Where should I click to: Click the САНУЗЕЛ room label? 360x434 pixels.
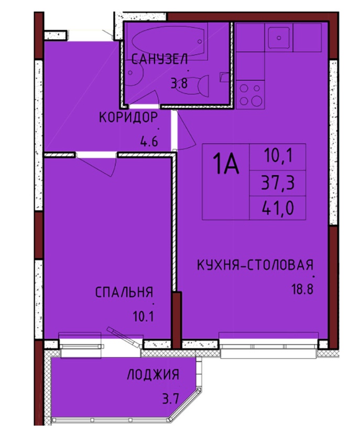[160, 59]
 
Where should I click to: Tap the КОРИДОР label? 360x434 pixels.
[128, 117]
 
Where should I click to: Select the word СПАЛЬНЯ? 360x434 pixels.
[124, 292]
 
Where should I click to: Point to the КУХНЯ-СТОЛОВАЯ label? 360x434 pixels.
[255, 265]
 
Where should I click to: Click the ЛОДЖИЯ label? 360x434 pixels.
[153, 375]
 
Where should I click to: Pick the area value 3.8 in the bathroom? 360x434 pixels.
[179, 83]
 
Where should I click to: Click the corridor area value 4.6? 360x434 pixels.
[149, 142]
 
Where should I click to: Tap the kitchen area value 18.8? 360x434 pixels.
[302, 289]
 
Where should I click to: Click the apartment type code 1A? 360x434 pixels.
[226, 165]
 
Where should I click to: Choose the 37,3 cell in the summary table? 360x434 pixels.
[278, 183]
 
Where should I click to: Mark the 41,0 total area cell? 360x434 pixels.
[278, 208]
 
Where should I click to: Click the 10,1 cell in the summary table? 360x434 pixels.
[278, 156]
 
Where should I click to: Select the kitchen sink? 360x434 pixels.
[279, 38]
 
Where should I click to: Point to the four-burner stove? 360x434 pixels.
[250, 94]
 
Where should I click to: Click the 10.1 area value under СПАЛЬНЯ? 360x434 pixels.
[143, 316]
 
